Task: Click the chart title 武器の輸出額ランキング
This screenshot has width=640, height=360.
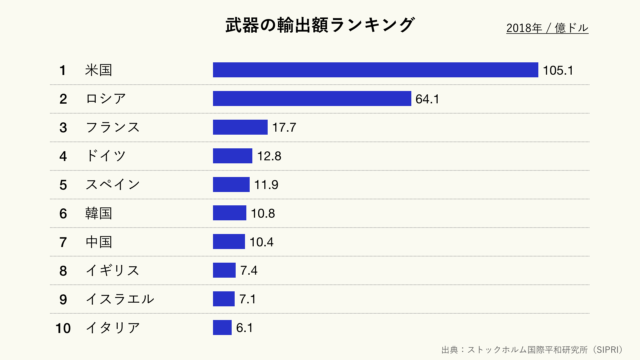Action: (319, 25)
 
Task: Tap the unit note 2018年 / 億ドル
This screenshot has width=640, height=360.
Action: (547, 28)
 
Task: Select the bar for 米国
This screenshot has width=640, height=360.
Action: (375, 70)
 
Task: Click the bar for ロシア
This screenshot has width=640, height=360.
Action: (312, 98)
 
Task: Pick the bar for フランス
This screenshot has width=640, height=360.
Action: (240, 127)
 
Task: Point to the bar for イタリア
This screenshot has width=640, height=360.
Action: (222, 328)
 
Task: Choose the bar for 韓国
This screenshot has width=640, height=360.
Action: (229, 213)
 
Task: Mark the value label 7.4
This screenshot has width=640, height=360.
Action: (251, 270)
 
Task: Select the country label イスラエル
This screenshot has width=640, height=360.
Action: (120, 299)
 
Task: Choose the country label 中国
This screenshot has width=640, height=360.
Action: (99, 242)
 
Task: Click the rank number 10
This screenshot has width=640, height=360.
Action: (62, 328)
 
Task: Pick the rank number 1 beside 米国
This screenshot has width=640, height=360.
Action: (62, 70)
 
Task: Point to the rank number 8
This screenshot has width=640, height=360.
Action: (62, 270)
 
